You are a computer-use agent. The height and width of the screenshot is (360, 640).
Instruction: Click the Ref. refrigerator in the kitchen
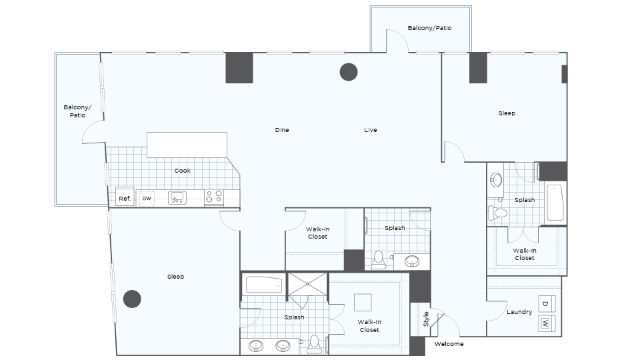125,197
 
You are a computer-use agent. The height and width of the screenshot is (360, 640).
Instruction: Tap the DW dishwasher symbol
147,199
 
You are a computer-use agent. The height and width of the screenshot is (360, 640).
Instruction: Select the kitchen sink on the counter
177,198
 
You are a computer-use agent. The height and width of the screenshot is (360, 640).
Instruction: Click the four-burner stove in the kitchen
214,196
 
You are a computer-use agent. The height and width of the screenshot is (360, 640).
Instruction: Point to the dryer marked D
547,304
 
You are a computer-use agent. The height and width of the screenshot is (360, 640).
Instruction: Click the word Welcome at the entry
449,344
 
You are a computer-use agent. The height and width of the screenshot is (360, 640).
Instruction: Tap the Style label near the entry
426,319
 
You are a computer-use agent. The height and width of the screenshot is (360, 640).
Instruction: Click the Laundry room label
519,312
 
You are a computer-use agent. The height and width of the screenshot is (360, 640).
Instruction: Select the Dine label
282,130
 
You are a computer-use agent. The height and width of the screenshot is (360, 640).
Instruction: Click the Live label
371,130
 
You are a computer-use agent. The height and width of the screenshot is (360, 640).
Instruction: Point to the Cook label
183,171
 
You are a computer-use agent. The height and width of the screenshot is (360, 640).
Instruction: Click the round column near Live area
349,72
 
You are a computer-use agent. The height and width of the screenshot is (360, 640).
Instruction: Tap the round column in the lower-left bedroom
132,299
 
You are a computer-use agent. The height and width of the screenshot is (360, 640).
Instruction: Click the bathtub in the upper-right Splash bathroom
555,203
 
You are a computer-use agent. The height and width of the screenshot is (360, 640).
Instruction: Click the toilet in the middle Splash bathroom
379,260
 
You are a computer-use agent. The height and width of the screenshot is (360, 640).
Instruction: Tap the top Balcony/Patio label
429,28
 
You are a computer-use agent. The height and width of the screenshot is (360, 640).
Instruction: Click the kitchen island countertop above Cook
187,145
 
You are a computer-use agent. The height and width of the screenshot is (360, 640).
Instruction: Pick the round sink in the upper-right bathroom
496,180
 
